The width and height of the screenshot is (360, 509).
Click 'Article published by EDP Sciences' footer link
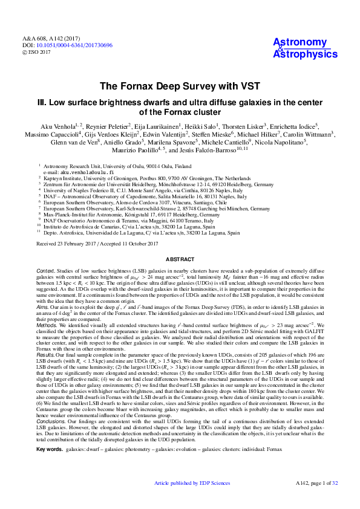pos(192,500)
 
